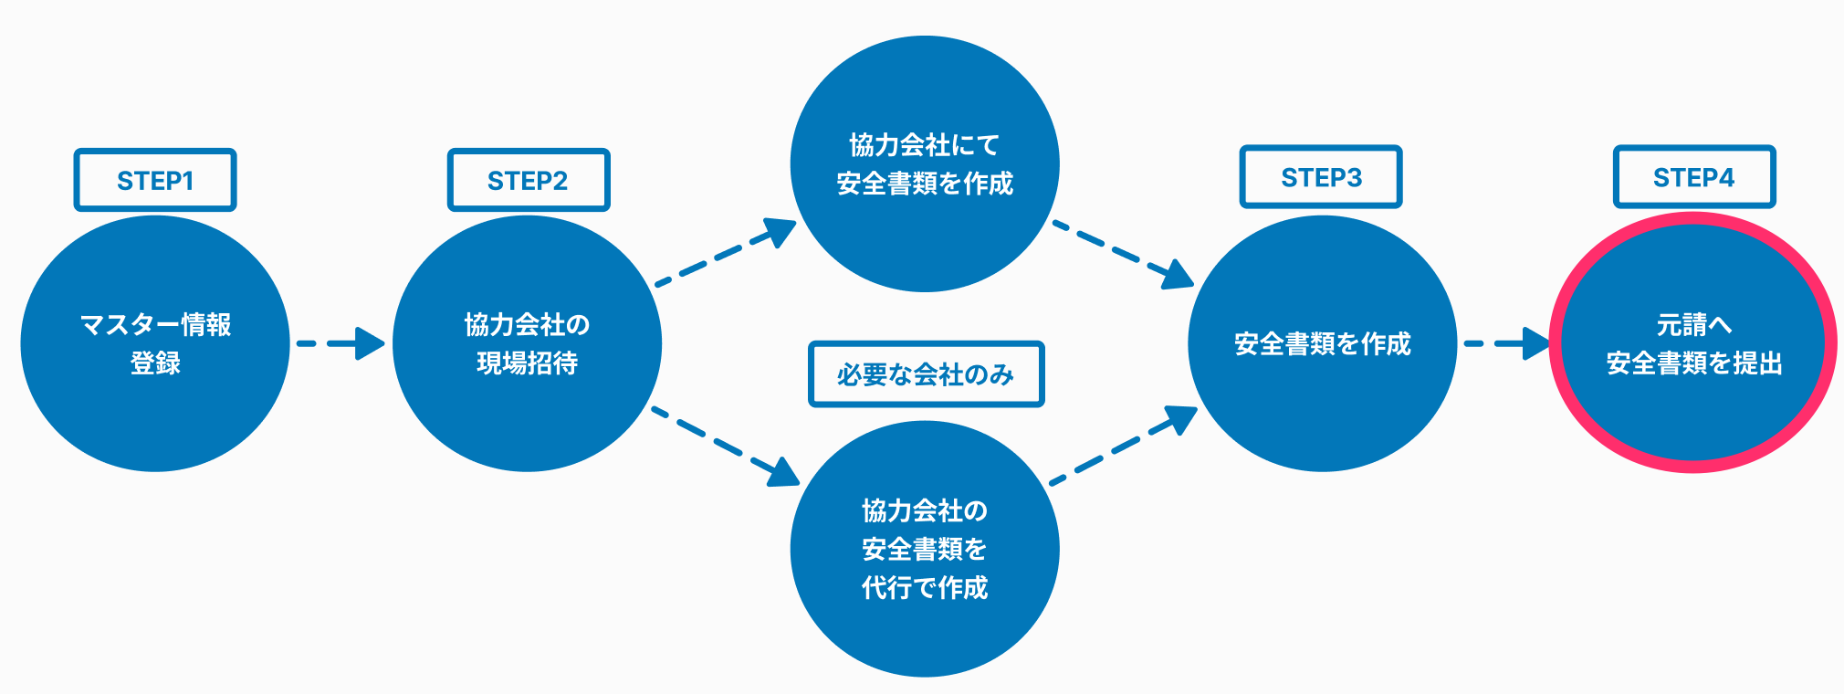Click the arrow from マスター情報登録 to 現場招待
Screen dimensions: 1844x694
[x=341, y=343]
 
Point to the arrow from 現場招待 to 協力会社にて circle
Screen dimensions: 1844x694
[x=726, y=252]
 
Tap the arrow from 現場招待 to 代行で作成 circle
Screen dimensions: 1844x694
[x=725, y=447]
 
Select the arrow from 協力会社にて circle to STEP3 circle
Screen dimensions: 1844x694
[x=1124, y=255]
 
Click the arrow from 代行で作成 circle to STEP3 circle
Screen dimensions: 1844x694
[x=1124, y=445]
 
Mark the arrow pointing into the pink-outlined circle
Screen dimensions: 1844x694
[x=1507, y=343]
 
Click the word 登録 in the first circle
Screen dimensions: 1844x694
[x=155, y=363]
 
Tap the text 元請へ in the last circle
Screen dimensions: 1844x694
[x=1694, y=324]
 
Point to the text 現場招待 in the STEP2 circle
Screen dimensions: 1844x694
[x=528, y=363]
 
